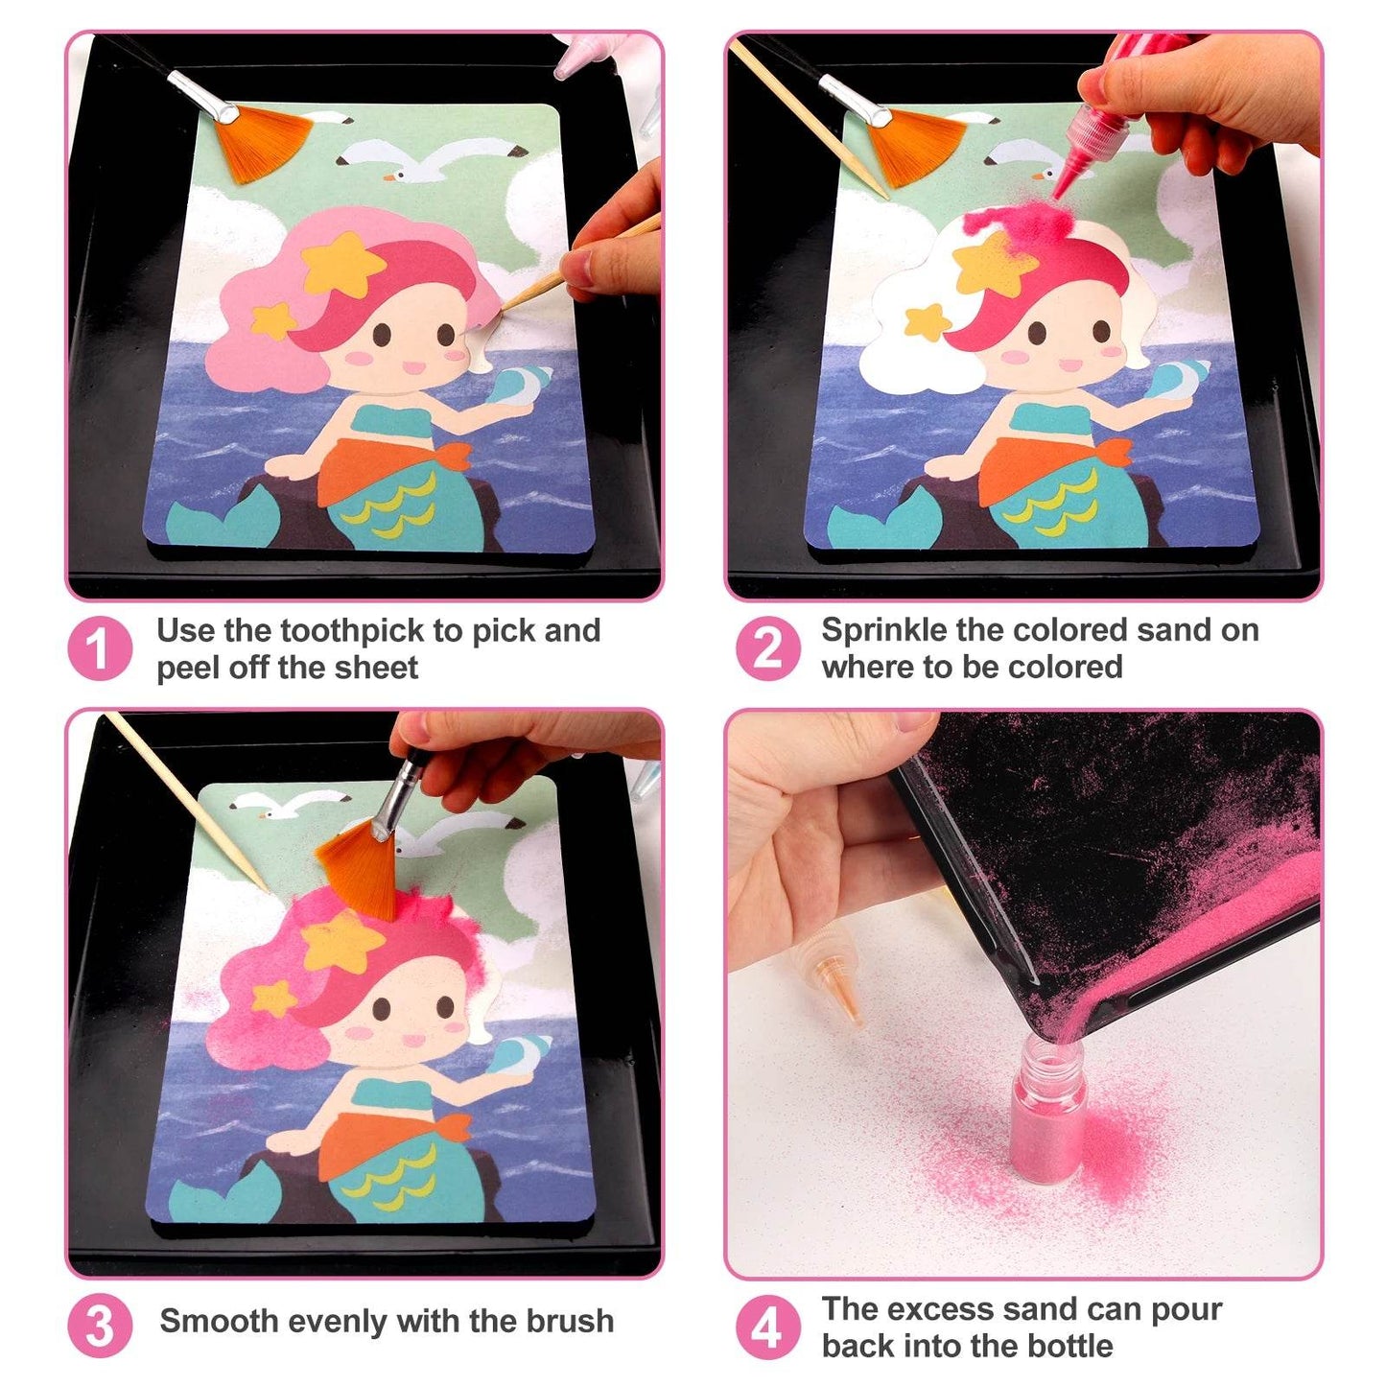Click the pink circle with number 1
(100, 648)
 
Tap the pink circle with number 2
(766, 648)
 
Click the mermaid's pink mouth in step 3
(412, 1040)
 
